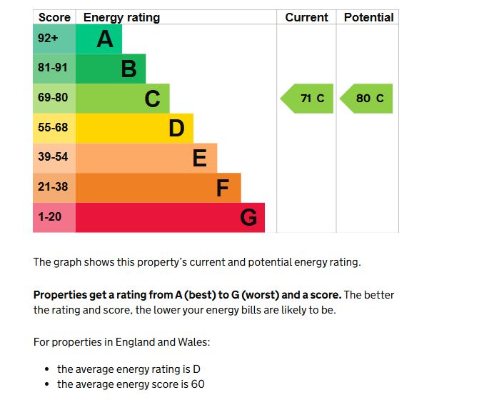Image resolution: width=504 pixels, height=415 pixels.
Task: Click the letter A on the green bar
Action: [x=105, y=39]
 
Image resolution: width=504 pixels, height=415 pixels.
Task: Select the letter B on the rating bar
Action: [x=128, y=69]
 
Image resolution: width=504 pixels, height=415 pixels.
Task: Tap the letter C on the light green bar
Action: [x=152, y=99]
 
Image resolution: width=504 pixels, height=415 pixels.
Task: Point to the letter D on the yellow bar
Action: [x=176, y=129]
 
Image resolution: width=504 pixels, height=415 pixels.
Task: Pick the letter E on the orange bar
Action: [x=200, y=158]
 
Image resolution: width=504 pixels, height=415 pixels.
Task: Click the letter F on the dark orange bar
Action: [x=223, y=188]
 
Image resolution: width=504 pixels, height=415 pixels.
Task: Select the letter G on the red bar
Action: [x=248, y=217]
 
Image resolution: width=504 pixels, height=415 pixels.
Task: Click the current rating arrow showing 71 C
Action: [x=308, y=99]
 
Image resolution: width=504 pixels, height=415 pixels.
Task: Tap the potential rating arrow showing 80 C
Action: [x=367, y=99]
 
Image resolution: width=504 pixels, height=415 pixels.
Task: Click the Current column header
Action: [x=306, y=17]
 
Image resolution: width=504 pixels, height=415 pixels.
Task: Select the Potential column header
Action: [x=368, y=17]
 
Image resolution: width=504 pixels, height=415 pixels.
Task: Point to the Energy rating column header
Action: [x=121, y=17]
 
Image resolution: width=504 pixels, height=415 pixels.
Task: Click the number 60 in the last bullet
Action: [x=198, y=384]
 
